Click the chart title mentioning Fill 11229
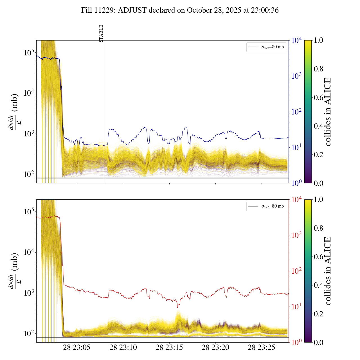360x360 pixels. [180, 10]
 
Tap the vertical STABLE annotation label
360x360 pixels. [101, 33]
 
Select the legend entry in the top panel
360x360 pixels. [266, 47]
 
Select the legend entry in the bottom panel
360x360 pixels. [266, 206]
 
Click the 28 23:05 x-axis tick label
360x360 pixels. [77, 347]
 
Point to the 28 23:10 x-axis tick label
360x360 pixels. [123, 347]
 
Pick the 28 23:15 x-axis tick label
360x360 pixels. [169, 347]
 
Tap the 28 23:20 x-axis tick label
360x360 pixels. [215, 347]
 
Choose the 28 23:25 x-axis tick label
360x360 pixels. [262, 347]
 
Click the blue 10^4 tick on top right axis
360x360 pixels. [296, 41]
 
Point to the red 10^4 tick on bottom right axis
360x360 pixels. [296, 200]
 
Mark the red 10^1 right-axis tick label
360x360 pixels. [296, 307]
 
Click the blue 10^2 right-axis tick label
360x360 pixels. [296, 112]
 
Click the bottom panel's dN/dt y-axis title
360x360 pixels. [14, 271]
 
